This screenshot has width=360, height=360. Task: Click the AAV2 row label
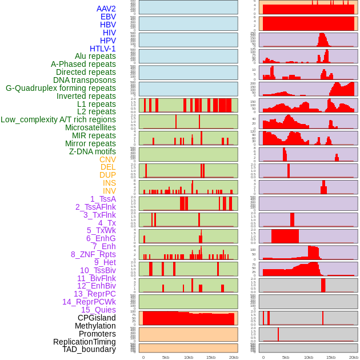pos(106,9)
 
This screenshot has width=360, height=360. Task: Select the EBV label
pos(108,17)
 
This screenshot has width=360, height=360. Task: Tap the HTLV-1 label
pos(103,49)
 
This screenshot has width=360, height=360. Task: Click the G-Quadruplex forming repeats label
pos(61,88)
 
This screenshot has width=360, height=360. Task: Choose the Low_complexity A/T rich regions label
pos(58,119)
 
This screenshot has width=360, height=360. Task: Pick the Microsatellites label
pos(90,127)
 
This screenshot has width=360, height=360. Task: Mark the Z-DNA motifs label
pos(93,151)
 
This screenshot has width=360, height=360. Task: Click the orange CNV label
pos(107,159)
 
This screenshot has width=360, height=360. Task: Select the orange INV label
pos(109,191)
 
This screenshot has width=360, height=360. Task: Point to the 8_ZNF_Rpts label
pos(93,254)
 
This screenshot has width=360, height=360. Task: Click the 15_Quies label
pos(98,310)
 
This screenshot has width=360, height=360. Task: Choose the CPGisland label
pos(97,318)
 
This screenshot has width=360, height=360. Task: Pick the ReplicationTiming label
pos(84,342)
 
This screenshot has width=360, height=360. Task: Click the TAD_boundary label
pos(89,349)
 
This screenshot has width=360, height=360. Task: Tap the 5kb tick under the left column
pos(166,357)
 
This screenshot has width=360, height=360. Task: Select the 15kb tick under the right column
pos(331,357)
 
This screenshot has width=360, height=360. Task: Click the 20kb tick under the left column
pos(233,357)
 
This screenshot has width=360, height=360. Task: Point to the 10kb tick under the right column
pos(309,357)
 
